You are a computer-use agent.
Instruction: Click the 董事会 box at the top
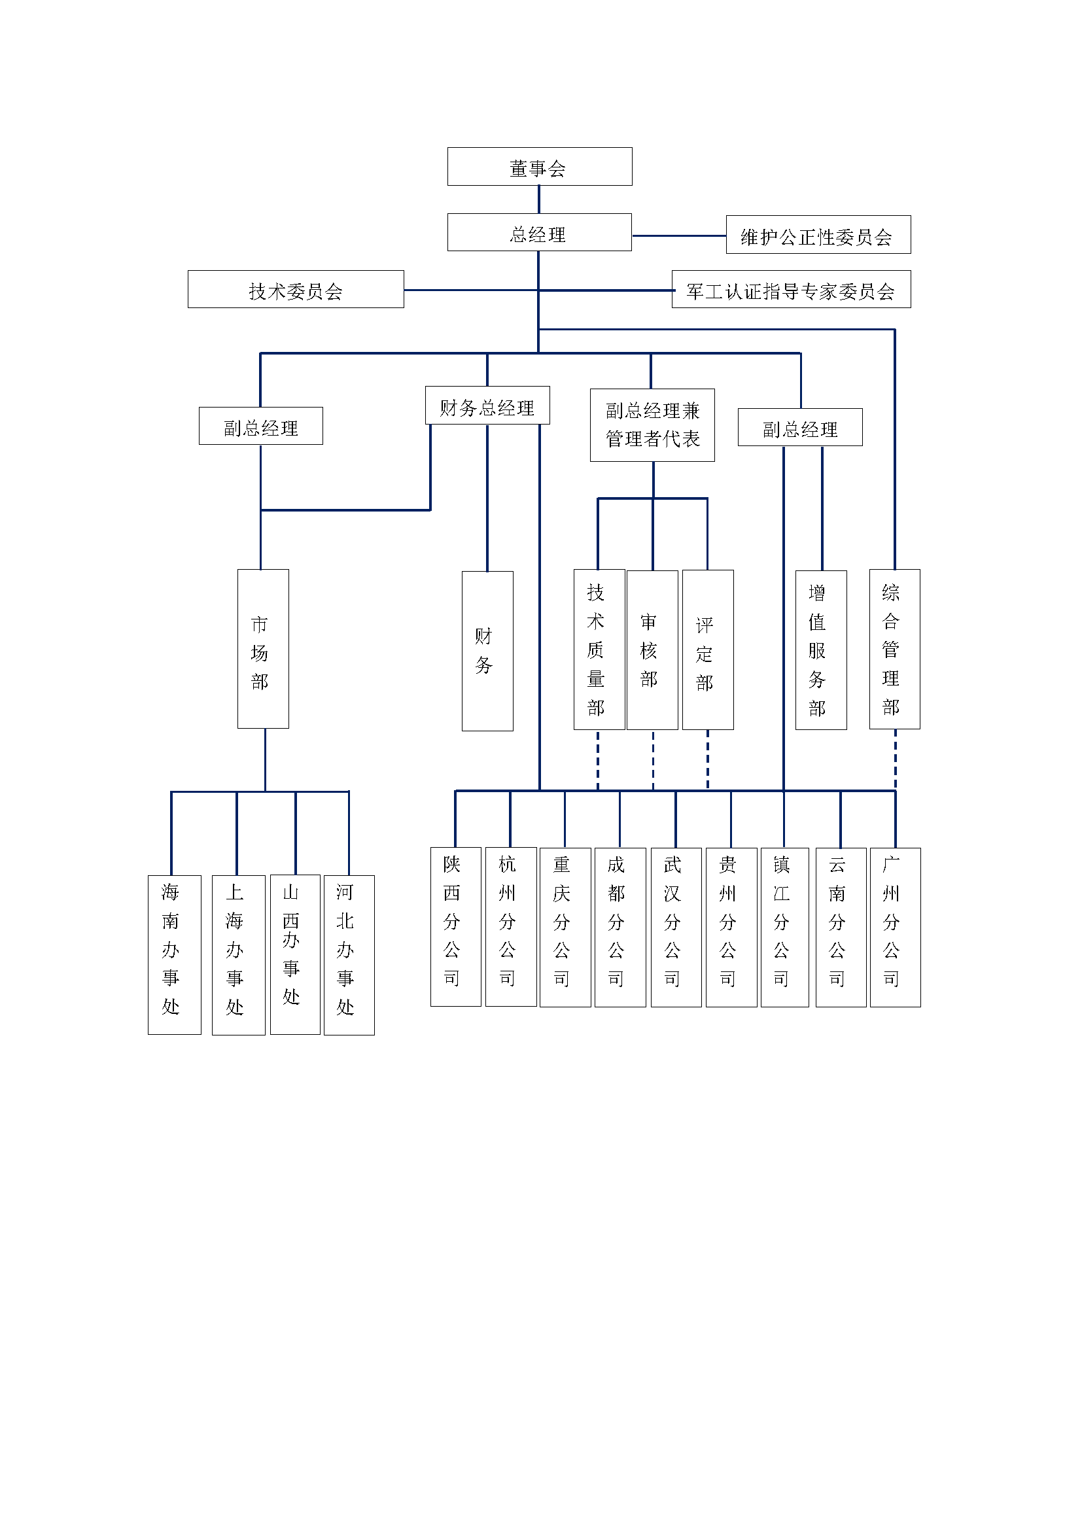pyautogui.click(x=539, y=167)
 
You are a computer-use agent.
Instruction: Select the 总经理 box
pyautogui.click(x=539, y=233)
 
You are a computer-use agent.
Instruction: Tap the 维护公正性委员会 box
pyautogui.click(x=818, y=235)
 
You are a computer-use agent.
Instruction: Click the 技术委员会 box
pyautogui.click(x=295, y=289)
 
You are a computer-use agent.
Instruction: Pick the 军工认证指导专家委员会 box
pyautogui.click(x=790, y=289)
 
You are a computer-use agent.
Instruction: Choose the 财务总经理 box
pyautogui.click(x=487, y=405)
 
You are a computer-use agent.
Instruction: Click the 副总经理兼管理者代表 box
pyautogui.click(x=652, y=425)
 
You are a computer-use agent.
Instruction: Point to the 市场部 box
pyautogui.click(x=262, y=648)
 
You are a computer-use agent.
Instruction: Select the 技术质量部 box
pyautogui.click(x=599, y=650)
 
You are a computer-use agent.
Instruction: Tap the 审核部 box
pyautogui.click(x=652, y=650)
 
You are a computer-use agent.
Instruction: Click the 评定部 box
pyautogui.click(x=708, y=650)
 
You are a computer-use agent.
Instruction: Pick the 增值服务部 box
pyautogui.click(x=821, y=650)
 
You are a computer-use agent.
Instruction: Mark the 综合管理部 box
pyautogui.click(x=894, y=649)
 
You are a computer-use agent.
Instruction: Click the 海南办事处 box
pyautogui.click(x=174, y=955)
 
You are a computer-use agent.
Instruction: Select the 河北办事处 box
pyautogui.click(x=349, y=955)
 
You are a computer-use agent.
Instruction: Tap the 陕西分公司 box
pyautogui.click(x=455, y=927)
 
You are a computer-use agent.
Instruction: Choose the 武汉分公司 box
pyautogui.click(x=676, y=927)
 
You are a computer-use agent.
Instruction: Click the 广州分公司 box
pyautogui.click(x=895, y=927)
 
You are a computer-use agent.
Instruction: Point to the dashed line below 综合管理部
pyautogui.click(x=895, y=759)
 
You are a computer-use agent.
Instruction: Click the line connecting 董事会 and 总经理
pyautogui.click(x=538, y=200)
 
